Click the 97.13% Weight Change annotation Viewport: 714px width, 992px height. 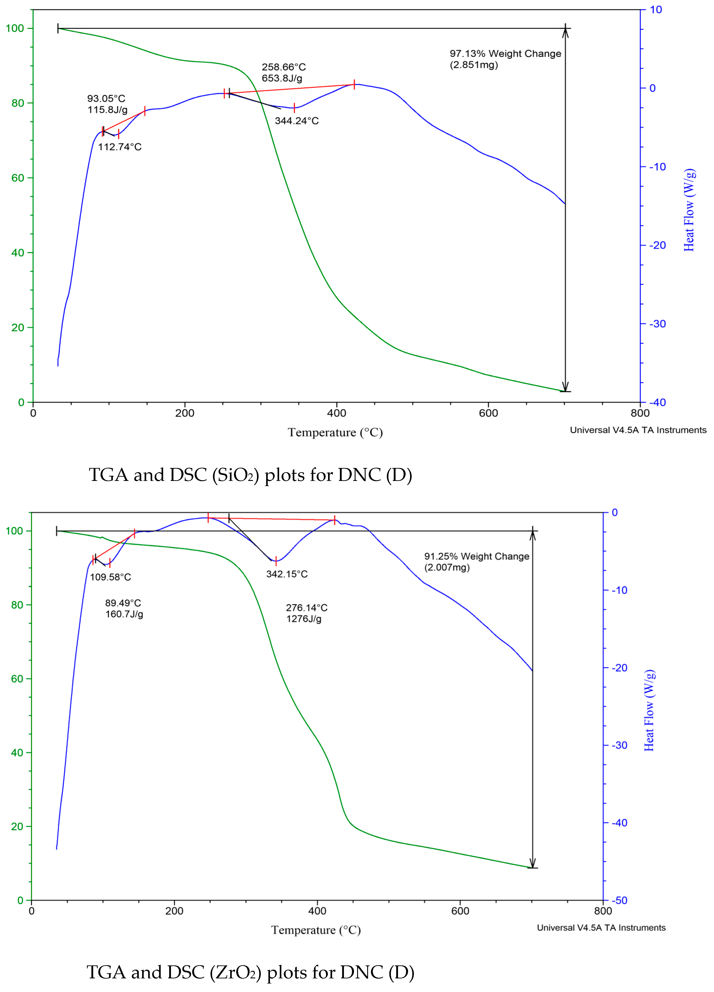coord(505,54)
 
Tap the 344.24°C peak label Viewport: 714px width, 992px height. coord(297,121)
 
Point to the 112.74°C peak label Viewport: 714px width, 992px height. coord(119,147)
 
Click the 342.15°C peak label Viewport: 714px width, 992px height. coord(287,574)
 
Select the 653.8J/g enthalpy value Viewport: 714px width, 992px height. coord(282,78)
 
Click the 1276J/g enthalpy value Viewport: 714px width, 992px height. coord(304,619)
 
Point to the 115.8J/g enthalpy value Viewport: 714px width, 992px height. coord(107,110)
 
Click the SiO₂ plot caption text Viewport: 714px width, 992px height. coord(250,475)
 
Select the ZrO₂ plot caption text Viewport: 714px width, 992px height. coord(250,972)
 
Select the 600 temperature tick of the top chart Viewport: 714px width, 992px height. coord(488,413)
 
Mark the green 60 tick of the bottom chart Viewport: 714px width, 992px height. coord(17,679)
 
